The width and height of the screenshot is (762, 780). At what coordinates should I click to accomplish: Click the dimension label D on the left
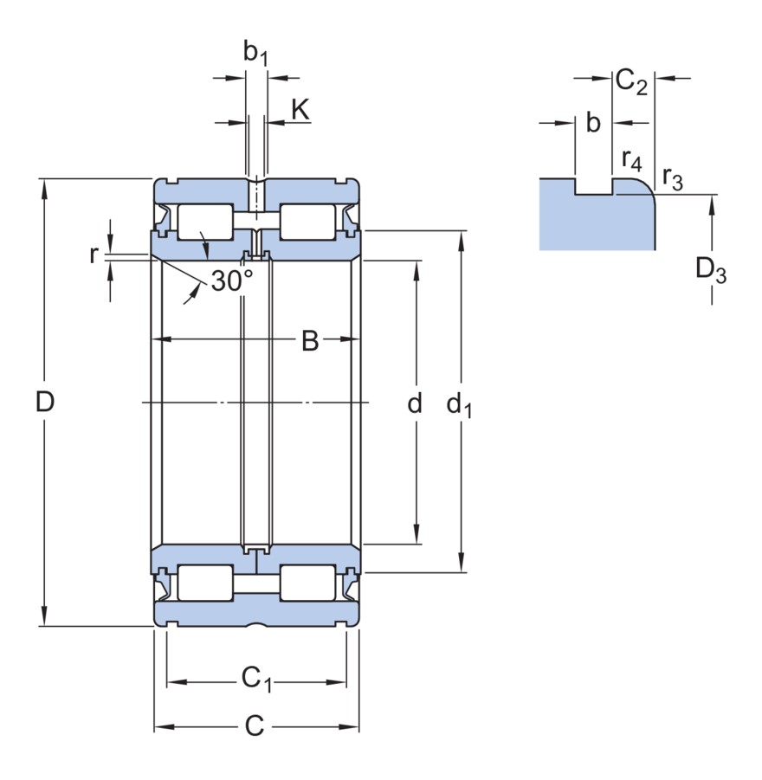[x=45, y=402]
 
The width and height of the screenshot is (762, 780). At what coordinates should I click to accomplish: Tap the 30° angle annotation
[x=232, y=280]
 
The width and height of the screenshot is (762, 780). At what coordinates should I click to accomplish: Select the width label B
[x=310, y=341]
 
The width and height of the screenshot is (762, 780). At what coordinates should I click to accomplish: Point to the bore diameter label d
[x=415, y=403]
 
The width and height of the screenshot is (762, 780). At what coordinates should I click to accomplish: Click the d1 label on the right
[x=459, y=404]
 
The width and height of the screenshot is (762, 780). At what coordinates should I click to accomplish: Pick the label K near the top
[x=300, y=110]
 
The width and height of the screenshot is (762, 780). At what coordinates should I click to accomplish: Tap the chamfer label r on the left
[x=94, y=255]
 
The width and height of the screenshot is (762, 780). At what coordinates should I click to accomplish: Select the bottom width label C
[x=254, y=725]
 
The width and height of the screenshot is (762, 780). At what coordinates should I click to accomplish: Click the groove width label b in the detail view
[x=593, y=124]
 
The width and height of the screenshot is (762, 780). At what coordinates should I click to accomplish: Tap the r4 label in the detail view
[x=632, y=159]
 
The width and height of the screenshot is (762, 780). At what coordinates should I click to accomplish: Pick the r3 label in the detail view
[x=672, y=177]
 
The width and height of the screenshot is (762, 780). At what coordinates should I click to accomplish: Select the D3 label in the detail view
[x=711, y=271]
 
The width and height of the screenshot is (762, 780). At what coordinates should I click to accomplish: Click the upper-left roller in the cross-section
[x=204, y=222]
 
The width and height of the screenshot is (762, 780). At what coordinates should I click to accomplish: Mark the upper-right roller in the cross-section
[x=307, y=222]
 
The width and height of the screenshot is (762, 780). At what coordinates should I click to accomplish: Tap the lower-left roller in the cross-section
[x=204, y=582]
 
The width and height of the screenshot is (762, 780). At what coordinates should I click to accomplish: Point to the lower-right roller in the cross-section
[x=307, y=582]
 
